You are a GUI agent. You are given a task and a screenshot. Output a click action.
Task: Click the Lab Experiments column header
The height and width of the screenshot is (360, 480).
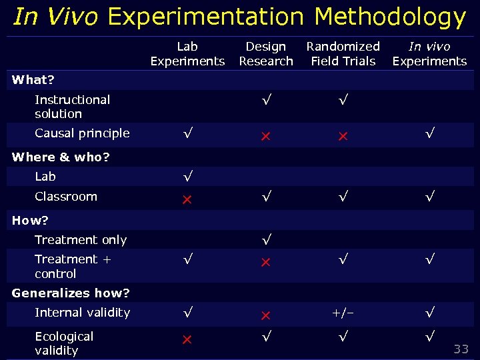187,54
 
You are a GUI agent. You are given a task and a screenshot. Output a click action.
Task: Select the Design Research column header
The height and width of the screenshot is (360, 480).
266,54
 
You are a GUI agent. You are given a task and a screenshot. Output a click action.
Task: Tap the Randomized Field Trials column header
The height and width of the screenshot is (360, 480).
343,54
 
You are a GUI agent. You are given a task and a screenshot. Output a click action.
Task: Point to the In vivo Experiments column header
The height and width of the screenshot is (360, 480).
429,54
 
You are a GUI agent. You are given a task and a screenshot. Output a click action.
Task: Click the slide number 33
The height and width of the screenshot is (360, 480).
461,349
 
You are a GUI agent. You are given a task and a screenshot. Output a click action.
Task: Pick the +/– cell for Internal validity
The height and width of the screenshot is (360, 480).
343,313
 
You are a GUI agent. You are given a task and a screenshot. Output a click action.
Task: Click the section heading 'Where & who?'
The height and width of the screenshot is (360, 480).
61,157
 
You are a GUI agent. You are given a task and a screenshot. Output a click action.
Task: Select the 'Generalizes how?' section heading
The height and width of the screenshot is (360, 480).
71,293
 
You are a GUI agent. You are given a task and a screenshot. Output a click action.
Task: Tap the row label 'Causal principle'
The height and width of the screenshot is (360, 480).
82,133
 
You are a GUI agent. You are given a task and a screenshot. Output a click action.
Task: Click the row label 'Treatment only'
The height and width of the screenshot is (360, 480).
81,240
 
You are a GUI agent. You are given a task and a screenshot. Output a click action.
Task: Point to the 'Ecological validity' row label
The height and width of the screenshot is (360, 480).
64,343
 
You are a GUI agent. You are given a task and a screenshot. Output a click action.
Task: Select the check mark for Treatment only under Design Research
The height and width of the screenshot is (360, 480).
266,239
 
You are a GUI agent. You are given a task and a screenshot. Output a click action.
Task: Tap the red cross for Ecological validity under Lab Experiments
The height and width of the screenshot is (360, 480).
187,339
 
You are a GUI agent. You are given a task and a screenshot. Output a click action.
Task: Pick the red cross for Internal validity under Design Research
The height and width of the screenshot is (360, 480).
265,314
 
